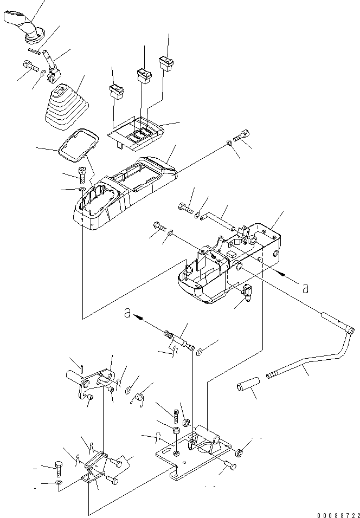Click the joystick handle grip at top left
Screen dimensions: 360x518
click(24, 26)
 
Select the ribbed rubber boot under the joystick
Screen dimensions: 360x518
click(67, 107)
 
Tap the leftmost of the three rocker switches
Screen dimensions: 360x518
click(117, 92)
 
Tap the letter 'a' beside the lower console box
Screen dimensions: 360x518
click(305, 288)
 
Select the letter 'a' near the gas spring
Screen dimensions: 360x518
click(127, 312)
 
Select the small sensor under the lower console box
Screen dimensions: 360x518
click(247, 293)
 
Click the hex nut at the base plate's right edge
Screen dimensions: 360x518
click(240, 451)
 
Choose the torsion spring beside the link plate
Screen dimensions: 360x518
click(140, 397)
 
